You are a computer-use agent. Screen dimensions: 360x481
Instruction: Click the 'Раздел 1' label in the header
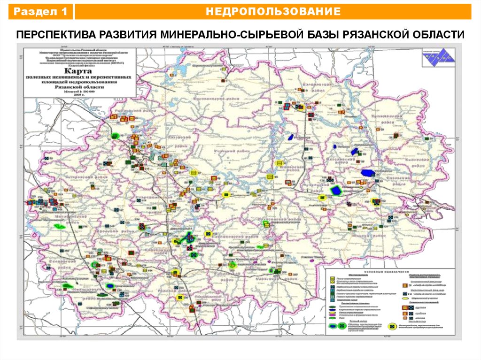pyautogui.click(x=40, y=12)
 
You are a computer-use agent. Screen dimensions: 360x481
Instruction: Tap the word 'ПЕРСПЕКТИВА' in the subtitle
pyautogui.click(x=54, y=35)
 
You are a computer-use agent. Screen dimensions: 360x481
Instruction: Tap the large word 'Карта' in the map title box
pyautogui.click(x=78, y=69)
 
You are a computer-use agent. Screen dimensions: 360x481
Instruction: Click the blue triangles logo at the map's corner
pyautogui.click(x=434, y=55)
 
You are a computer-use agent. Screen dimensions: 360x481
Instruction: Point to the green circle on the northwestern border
pyautogui.click(x=115, y=136)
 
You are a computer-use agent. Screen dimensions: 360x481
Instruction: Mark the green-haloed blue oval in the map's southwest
pyautogui.click(x=110, y=285)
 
